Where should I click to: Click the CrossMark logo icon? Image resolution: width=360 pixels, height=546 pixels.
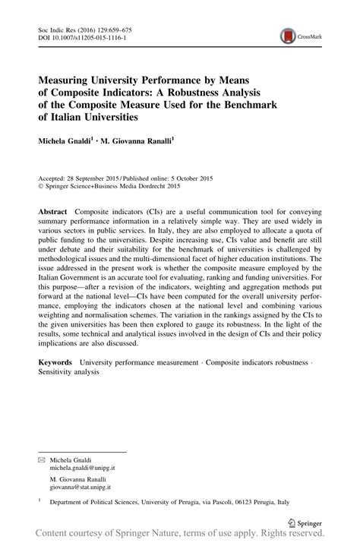288,35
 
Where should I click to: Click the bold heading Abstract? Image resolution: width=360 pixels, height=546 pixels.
55,210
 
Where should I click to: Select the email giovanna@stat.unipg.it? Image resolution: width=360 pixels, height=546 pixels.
80,469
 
